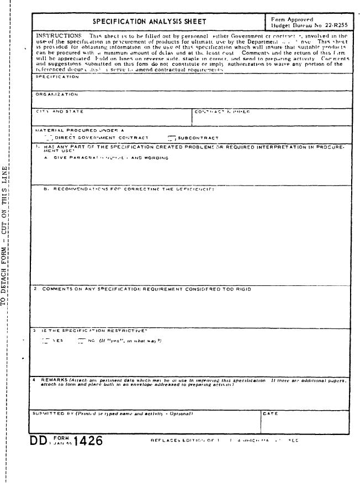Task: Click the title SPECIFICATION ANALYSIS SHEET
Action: coord(149,22)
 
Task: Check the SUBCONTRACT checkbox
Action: coord(172,137)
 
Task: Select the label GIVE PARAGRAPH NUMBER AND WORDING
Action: coord(110,158)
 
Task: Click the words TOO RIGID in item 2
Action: coord(240,289)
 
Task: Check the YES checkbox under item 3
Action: coord(45,341)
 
